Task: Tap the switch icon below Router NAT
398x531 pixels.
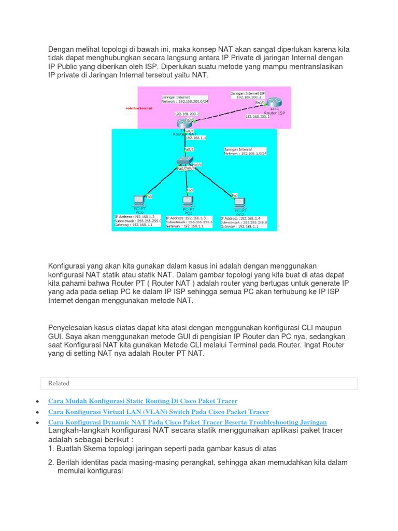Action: [x=184, y=160]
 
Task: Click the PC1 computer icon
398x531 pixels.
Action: [x=187, y=201]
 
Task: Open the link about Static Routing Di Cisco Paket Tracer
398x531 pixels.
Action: [x=143, y=401]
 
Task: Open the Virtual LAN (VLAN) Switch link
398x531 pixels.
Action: [x=158, y=412]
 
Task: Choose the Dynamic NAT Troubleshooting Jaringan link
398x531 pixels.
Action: [x=187, y=423]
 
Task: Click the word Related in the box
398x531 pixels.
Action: [x=59, y=383]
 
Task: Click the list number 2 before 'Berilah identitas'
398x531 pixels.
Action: [x=51, y=462]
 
